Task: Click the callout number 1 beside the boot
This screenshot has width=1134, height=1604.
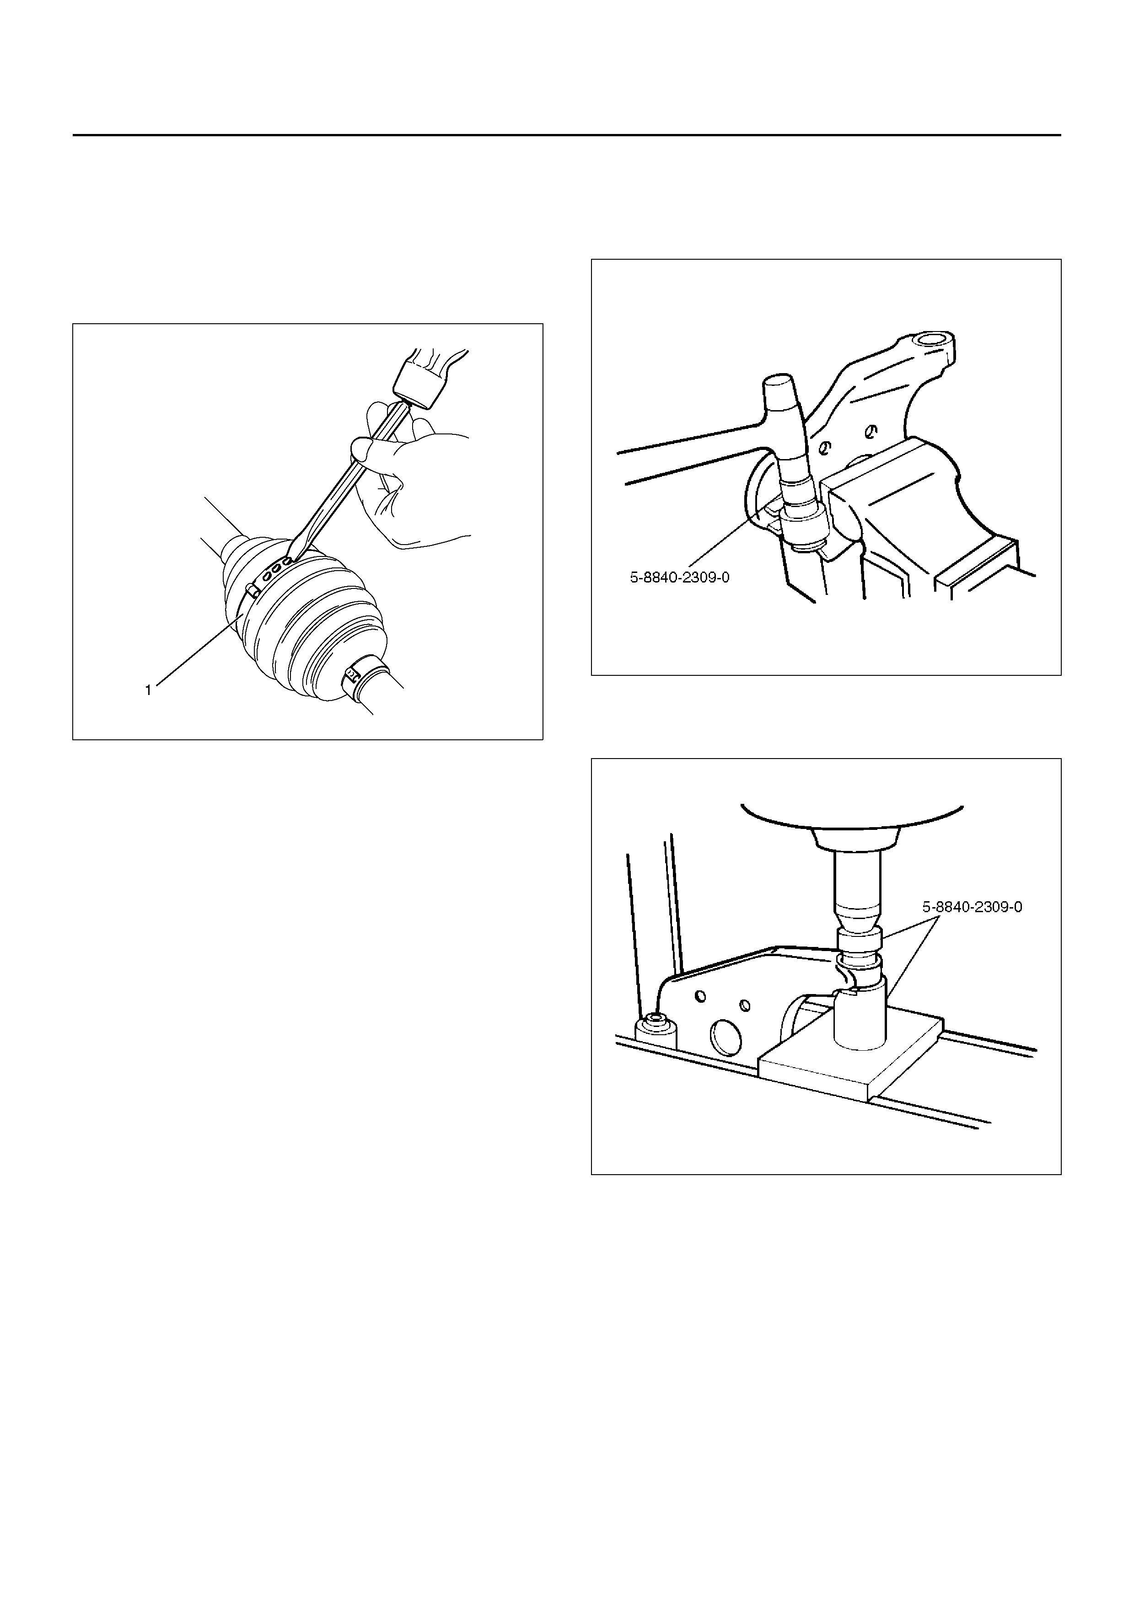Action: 148,690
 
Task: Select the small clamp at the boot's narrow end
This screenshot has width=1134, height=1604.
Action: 351,675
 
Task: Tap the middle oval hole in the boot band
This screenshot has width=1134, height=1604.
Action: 277,567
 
